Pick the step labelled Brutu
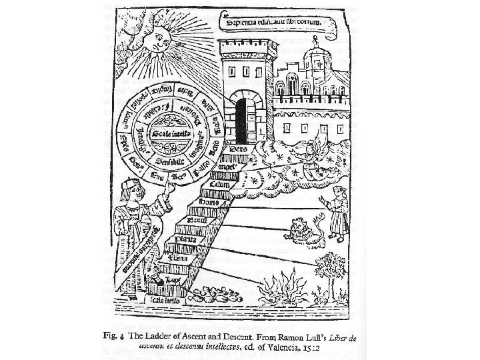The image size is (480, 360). (197, 219)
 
